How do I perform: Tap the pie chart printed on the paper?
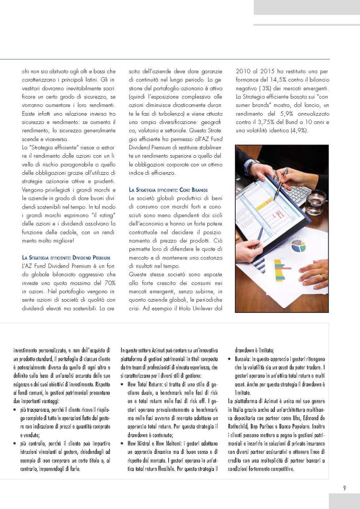[299, 246]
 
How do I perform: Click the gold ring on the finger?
[322, 276]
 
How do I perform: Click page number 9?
[344, 488]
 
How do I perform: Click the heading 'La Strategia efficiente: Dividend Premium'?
[66, 257]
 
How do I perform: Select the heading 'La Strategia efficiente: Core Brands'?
[168, 190]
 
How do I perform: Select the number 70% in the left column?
[110, 282]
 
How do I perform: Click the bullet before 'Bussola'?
[230, 359]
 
